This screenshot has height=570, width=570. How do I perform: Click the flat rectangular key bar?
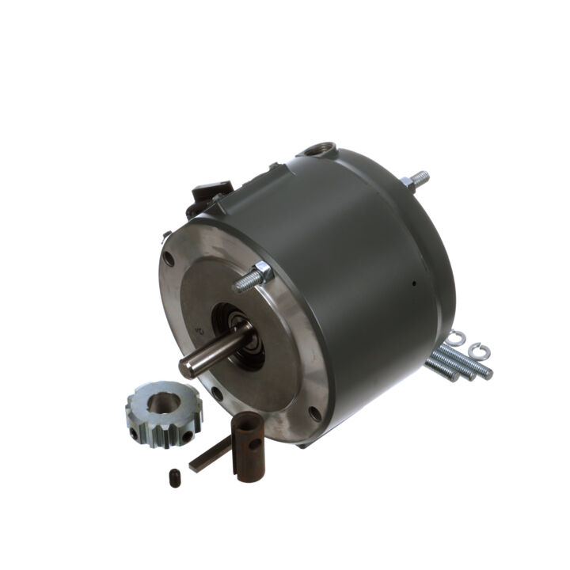click(x=207, y=455)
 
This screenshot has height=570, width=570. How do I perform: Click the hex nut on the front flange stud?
click(x=262, y=272)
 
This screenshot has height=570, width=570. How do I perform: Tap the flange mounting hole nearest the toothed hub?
click(x=215, y=392)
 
